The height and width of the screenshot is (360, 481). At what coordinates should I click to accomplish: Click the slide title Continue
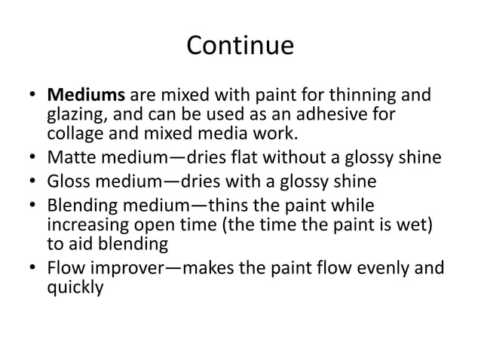[240, 46]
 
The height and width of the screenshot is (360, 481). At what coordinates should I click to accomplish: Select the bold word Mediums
[87, 97]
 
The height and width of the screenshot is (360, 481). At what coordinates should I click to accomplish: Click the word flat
[257, 157]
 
